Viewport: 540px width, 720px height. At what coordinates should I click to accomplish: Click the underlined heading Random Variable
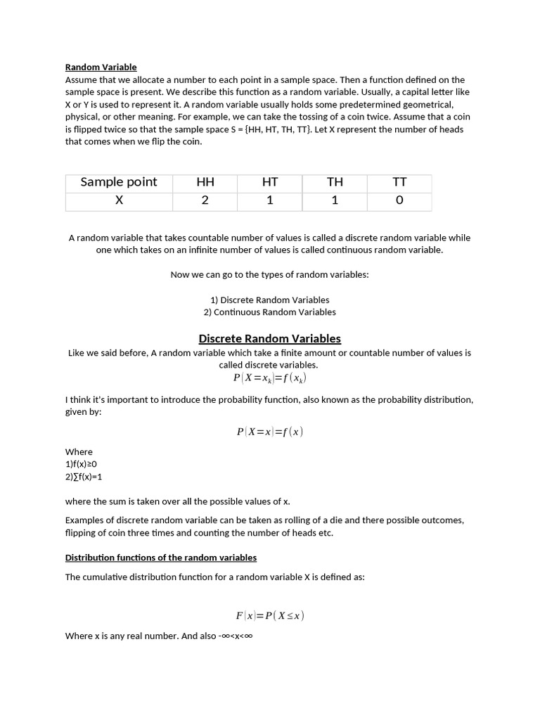point(101,67)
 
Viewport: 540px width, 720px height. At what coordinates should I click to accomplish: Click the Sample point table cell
point(119,182)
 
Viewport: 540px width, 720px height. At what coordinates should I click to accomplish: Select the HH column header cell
point(205,182)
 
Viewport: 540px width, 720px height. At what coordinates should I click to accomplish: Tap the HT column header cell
point(270,182)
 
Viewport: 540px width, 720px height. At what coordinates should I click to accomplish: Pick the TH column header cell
point(335,182)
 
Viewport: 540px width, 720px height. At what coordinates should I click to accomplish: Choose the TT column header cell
point(399,182)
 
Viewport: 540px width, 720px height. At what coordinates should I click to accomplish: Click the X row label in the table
point(119,200)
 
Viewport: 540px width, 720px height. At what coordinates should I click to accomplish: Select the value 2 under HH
point(205,200)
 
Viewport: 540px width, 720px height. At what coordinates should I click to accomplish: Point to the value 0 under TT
point(399,200)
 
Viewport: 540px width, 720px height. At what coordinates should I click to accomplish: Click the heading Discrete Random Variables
point(270,338)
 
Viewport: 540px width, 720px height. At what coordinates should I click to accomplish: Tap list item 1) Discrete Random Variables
point(270,300)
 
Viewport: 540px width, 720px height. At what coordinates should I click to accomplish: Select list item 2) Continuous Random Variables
point(270,312)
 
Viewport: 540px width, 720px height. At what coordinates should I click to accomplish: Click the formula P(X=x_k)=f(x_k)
point(270,378)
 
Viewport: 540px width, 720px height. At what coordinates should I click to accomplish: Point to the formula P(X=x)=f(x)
point(270,432)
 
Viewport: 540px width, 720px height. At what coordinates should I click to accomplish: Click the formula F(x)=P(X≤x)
point(270,616)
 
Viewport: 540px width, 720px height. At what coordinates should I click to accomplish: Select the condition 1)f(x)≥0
point(81,464)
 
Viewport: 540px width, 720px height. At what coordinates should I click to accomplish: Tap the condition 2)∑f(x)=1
point(84,477)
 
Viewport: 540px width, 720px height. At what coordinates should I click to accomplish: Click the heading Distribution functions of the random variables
point(161,558)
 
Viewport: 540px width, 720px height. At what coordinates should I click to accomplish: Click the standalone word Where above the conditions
point(79,452)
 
